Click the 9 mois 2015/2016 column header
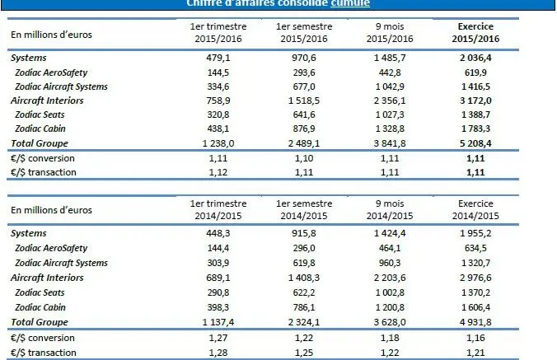pos(388,33)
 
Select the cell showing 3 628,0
pos(388,322)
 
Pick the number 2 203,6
pos(388,278)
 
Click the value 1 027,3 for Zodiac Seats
pos(388,115)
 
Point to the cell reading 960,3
pos(388,263)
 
